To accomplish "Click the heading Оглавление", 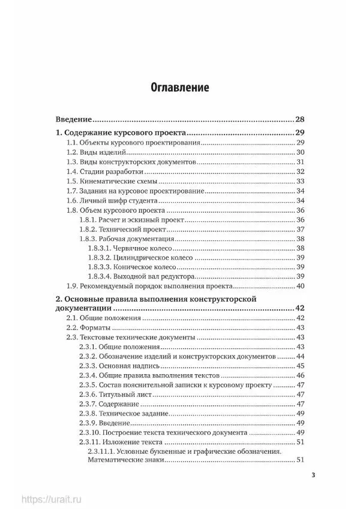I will pyautogui.click(x=179, y=88).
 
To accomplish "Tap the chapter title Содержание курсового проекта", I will pyautogui.click(x=119, y=132).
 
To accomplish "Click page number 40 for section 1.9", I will pyautogui.click(x=301, y=286).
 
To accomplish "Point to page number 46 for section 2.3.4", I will pyautogui.click(x=301, y=375).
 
